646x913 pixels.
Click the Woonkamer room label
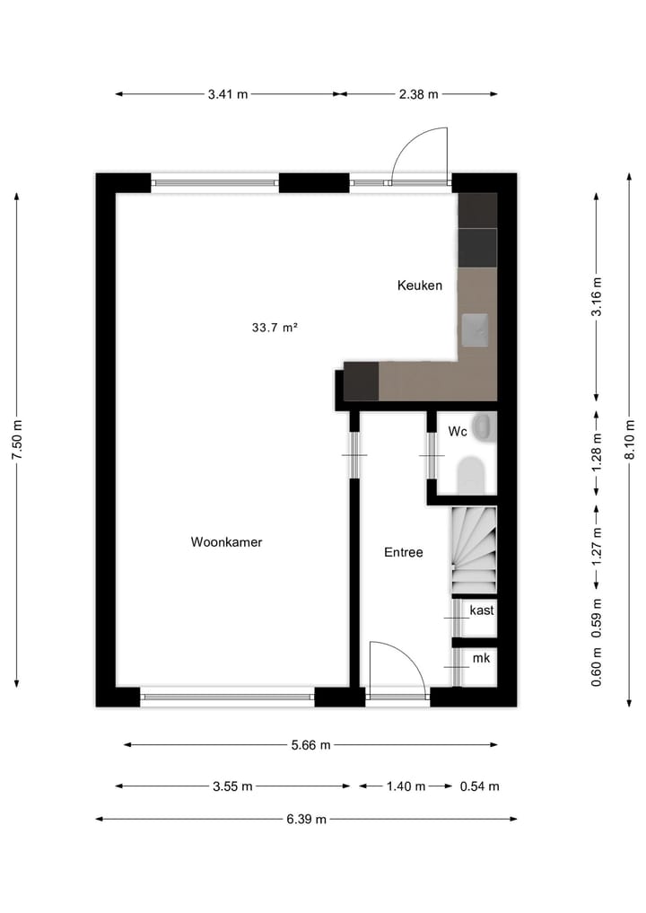(226, 542)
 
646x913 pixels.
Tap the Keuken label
(420, 285)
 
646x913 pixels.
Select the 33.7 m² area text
(275, 328)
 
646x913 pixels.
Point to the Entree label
(403, 553)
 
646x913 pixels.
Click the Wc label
(458, 432)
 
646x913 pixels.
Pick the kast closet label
(482, 610)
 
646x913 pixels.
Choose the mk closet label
(482, 659)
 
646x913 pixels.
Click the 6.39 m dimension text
(306, 819)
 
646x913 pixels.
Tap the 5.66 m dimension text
(310, 744)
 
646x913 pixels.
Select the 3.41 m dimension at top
(227, 94)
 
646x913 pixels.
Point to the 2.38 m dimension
(419, 94)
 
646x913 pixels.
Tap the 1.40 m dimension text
(406, 786)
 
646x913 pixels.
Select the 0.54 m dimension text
(479, 786)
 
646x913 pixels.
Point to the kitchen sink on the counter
(476, 329)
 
